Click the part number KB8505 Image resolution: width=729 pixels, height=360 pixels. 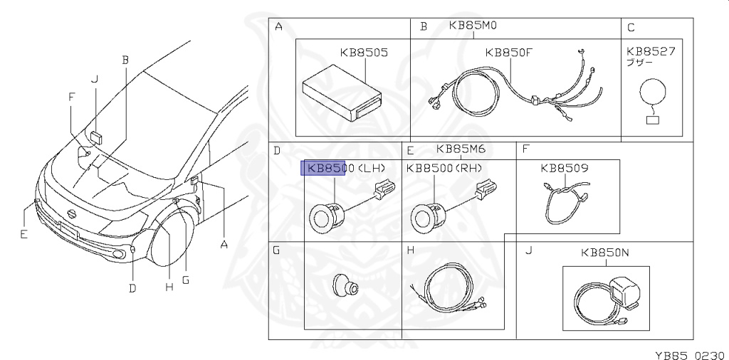pyautogui.click(x=364, y=53)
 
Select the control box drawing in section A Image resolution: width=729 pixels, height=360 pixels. pyautogui.click(x=342, y=95)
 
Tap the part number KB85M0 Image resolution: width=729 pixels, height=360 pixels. pyautogui.click(x=473, y=26)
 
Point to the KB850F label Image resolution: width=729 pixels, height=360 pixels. pyautogui.click(x=508, y=53)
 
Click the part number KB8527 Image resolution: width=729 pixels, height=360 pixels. pyautogui.click(x=651, y=51)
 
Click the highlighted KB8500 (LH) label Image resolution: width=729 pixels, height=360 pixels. pyautogui.click(x=347, y=168)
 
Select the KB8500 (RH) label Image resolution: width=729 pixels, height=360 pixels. pyautogui.click(x=444, y=168)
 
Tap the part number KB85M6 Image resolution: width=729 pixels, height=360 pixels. pyautogui.click(x=461, y=149)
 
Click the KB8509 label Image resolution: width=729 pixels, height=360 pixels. pyautogui.click(x=565, y=168)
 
